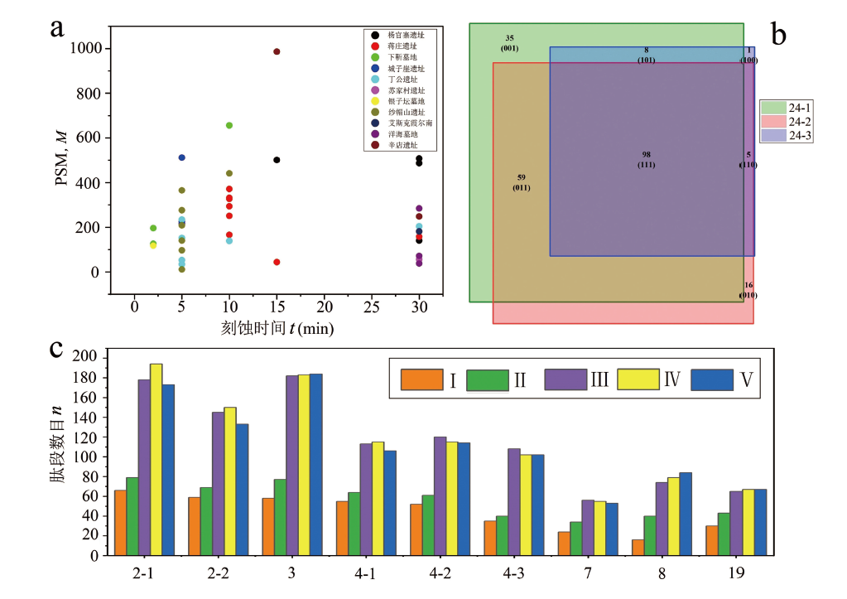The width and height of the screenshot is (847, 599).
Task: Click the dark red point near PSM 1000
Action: pos(277,51)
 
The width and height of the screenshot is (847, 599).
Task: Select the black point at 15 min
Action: pos(277,160)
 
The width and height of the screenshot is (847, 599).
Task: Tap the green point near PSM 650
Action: pos(229,125)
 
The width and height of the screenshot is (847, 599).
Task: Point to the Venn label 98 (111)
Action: pos(647,160)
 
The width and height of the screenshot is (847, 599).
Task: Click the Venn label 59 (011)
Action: pos(521,182)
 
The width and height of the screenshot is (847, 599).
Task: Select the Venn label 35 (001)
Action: pos(509,43)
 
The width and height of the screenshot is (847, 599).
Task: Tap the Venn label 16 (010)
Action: pos(748,290)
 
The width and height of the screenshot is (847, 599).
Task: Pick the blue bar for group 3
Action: pos(316,464)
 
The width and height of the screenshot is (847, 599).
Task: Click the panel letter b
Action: pos(779,34)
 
